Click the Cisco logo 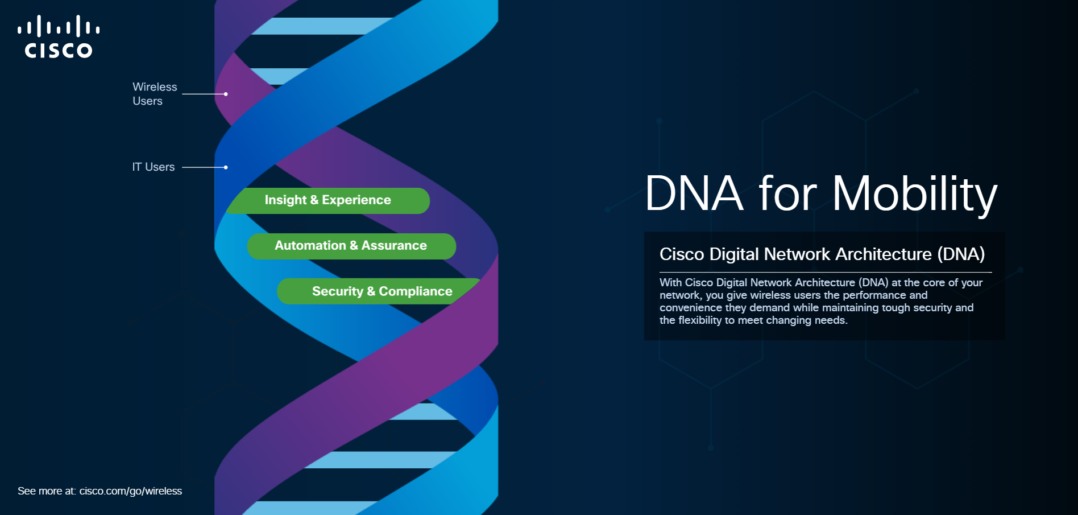[59, 37]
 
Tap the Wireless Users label [155, 94]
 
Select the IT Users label [154, 167]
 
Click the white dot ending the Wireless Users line [226, 94]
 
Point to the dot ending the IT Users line [226, 167]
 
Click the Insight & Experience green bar [328, 201]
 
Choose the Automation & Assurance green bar [351, 246]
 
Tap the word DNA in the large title [694, 193]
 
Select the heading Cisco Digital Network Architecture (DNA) [822, 254]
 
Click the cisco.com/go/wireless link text [131, 491]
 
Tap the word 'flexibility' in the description [700, 320]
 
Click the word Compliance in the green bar [416, 291]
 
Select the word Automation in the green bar [310, 245]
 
